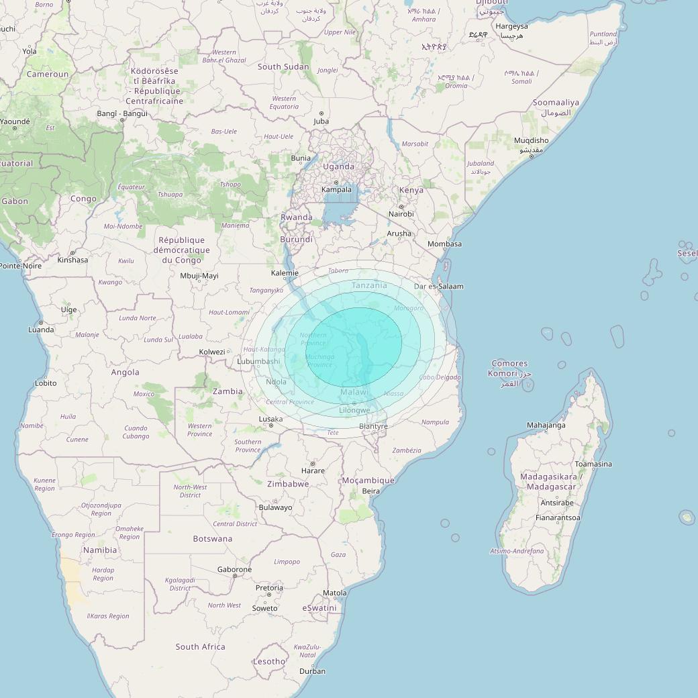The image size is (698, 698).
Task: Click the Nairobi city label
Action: coord(401,214)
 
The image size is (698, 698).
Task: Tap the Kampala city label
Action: coord(336,189)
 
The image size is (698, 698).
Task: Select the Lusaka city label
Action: coord(270,419)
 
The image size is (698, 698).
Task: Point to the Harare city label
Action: coord(313,470)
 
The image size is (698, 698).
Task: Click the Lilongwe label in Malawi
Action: coord(354,410)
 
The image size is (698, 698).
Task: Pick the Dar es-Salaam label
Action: coord(439,287)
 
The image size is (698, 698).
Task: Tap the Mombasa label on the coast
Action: coord(444,244)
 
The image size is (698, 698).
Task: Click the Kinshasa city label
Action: coord(72,260)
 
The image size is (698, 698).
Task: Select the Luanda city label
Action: coord(41,330)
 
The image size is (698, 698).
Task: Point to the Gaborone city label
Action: coord(234,569)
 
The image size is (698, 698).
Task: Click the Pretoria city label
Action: coord(269,588)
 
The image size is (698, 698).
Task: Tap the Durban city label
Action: coord(312,671)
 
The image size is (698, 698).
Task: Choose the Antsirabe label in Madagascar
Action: coord(557,503)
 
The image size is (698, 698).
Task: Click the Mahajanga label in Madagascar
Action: coord(546,425)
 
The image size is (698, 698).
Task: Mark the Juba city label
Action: coord(321,121)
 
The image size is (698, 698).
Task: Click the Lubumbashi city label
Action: coord(258,361)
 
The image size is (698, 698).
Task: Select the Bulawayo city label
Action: coord(275,507)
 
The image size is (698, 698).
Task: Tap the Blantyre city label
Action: coord(373,426)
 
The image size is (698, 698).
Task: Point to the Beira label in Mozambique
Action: coord(370,491)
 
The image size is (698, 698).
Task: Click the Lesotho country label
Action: coord(268,661)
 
